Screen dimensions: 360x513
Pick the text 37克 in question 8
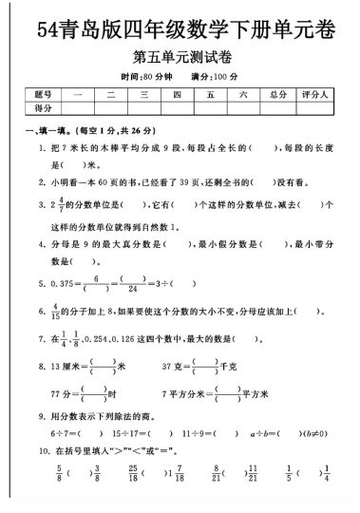pyautogui.click(x=174, y=365)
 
